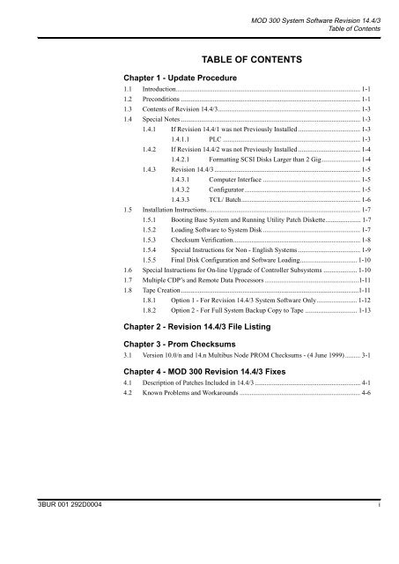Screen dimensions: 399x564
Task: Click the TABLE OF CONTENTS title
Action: click(x=252, y=59)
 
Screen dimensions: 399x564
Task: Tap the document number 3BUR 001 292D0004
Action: click(x=53, y=552)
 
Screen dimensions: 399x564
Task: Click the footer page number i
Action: click(x=379, y=552)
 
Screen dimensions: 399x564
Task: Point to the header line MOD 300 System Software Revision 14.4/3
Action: click(x=304, y=8)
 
